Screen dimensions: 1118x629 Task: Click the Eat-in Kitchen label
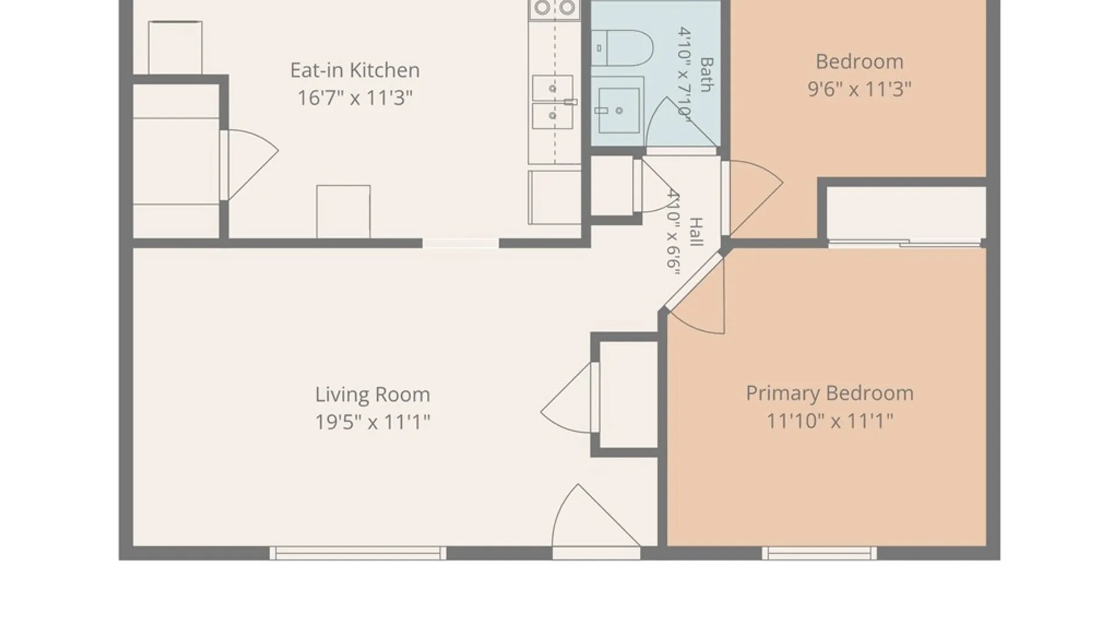pyautogui.click(x=355, y=70)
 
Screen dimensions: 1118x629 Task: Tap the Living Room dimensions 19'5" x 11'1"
pyautogui.click(x=373, y=422)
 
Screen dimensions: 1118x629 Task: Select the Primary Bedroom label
pyautogui.click(x=830, y=394)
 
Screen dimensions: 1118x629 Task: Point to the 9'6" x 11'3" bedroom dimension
pyautogui.click(x=859, y=89)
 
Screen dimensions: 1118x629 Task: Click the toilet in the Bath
pyautogui.click(x=622, y=48)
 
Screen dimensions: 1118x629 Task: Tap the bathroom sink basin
pyautogui.click(x=618, y=110)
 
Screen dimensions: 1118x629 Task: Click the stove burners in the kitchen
pyautogui.click(x=554, y=8)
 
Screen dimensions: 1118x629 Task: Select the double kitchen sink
pyautogui.click(x=553, y=102)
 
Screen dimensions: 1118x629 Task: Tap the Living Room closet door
pyautogui.click(x=568, y=398)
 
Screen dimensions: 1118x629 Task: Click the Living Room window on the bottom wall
pyautogui.click(x=358, y=553)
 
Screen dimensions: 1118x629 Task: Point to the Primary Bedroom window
pyautogui.click(x=819, y=553)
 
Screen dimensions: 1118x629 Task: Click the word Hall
pyautogui.click(x=696, y=231)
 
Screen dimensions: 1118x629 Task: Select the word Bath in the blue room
pyautogui.click(x=706, y=75)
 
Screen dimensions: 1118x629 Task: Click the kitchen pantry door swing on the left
pyautogui.click(x=249, y=165)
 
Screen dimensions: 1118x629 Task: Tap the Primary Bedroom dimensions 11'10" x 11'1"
pyautogui.click(x=830, y=420)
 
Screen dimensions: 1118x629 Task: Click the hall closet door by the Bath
pyautogui.click(x=655, y=185)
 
